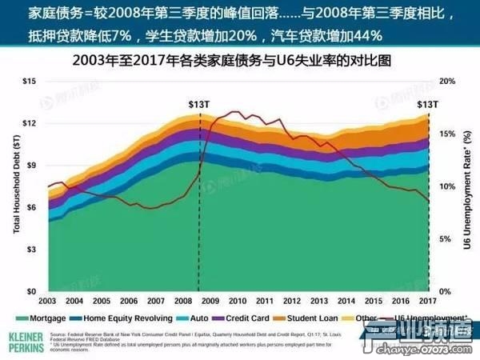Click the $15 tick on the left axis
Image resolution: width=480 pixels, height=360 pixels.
[31, 82]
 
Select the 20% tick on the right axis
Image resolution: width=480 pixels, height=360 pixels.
[449, 82]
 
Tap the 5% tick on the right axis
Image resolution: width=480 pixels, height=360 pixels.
[446, 239]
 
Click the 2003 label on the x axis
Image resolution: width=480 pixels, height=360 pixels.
[47, 300]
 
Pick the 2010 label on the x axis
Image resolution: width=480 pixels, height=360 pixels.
[238, 300]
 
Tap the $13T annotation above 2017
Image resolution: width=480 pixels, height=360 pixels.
[427, 104]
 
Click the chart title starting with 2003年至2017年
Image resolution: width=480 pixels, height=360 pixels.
[240, 60]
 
